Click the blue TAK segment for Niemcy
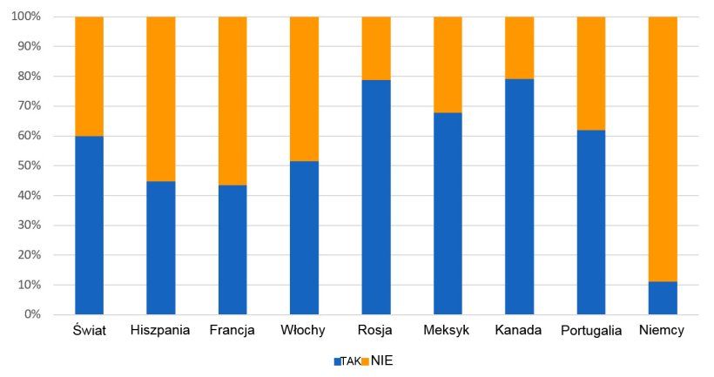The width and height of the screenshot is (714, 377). click(663, 298)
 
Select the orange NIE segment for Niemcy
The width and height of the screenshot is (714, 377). click(663, 149)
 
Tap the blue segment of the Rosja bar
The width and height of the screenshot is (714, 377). click(376, 197)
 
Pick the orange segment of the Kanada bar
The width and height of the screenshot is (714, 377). click(519, 48)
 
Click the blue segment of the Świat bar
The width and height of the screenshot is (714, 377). click(89, 225)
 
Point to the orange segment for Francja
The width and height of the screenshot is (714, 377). click(232, 101)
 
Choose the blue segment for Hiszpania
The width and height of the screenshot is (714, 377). click(161, 247)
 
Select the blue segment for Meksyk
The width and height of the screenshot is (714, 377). click(448, 213)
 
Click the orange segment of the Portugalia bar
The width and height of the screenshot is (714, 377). click(591, 73)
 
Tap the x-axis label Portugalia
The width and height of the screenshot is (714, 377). click(591, 331)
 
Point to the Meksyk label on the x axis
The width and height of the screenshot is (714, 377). click(448, 331)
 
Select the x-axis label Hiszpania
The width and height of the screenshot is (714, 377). click(161, 331)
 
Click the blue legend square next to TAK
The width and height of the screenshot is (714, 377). click(337, 361)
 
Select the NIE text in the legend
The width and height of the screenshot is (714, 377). click(382, 360)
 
